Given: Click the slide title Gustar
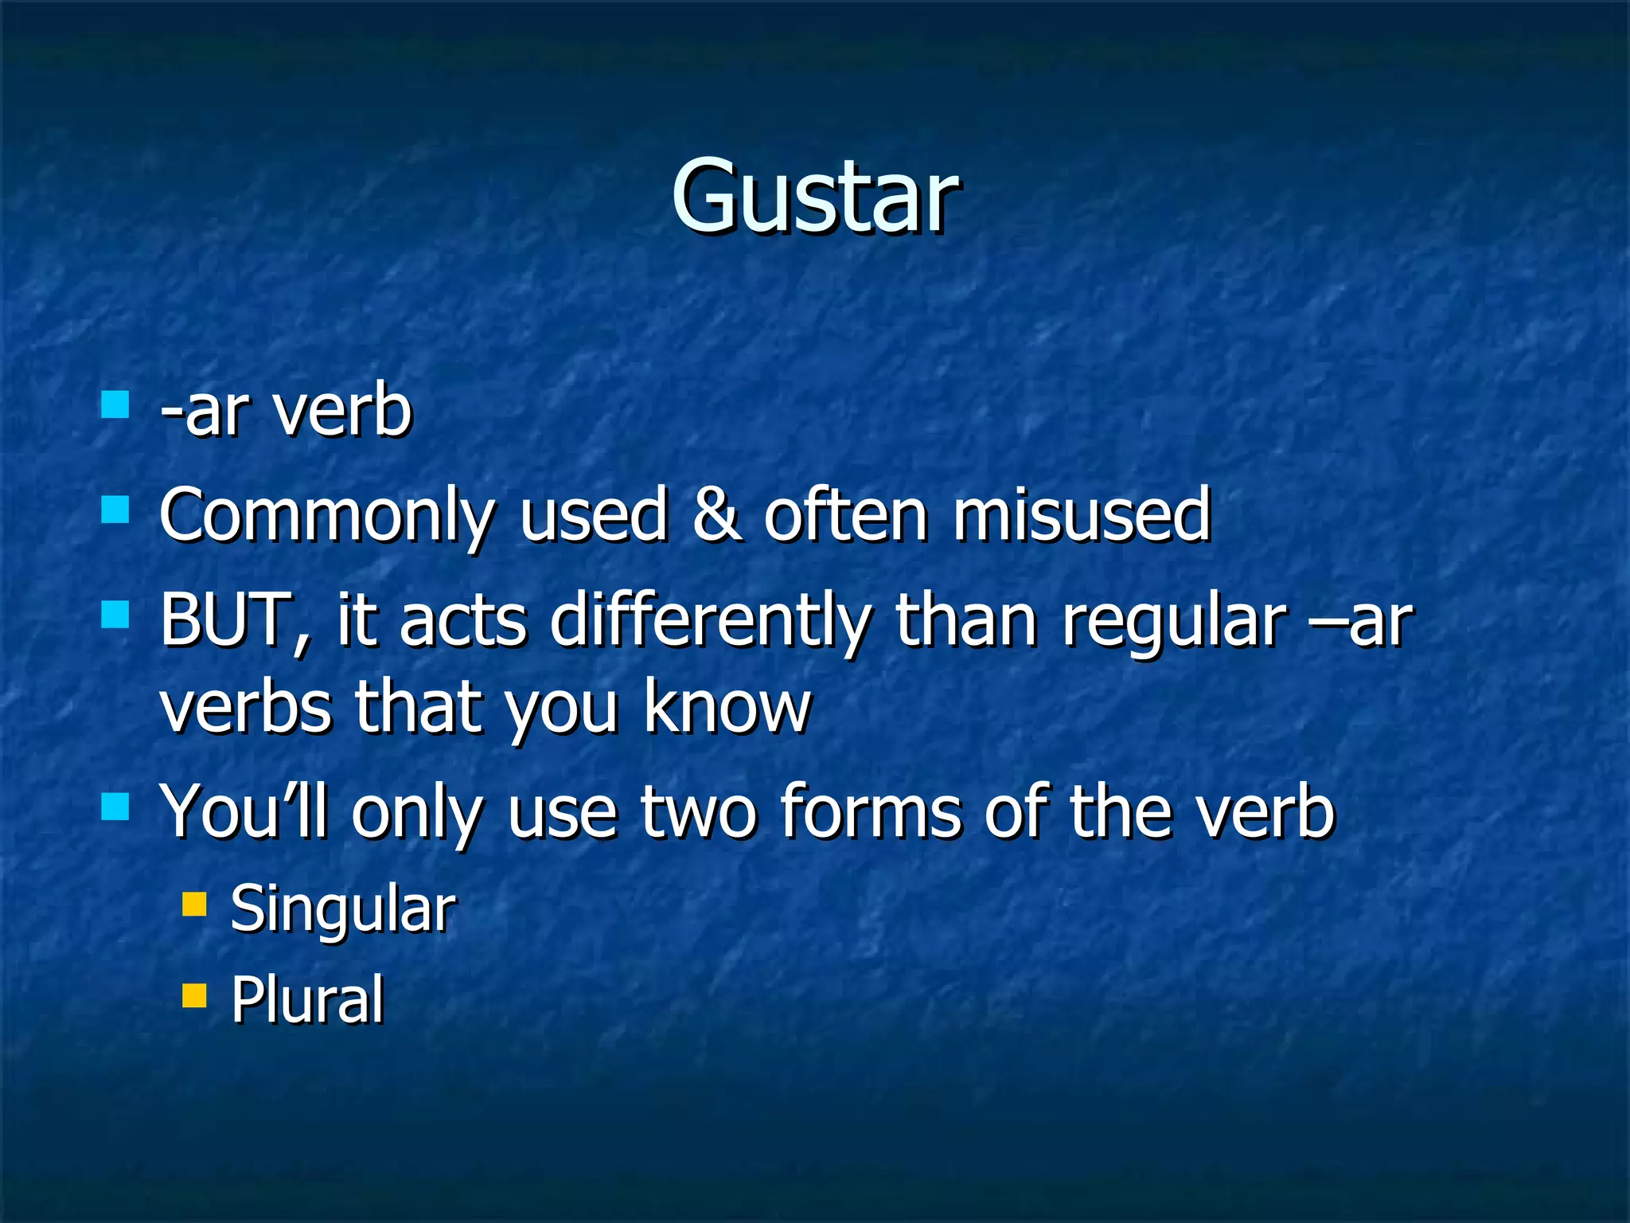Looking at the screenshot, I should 814,196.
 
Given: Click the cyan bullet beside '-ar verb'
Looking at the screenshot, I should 115,404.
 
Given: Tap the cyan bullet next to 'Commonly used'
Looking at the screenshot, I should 115,510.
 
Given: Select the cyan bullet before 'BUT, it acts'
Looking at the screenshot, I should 115,615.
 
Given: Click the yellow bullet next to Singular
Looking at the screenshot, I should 194,905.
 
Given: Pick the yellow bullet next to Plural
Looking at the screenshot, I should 194,995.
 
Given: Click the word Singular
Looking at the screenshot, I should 342,909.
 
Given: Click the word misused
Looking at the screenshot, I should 1082,514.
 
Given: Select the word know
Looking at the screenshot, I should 727,707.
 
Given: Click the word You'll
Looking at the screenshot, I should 244,812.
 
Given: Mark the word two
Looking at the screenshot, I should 700,812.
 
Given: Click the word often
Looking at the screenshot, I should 845,514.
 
